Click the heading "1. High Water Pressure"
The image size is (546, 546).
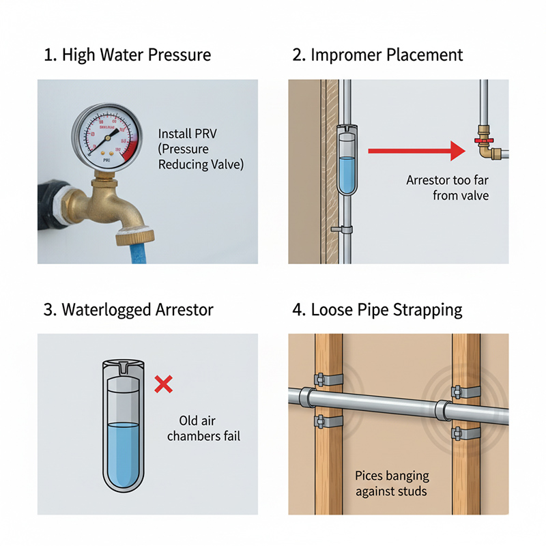[127, 55]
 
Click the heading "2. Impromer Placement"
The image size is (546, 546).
[377, 55]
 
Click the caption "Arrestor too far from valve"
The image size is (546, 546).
[448, 188]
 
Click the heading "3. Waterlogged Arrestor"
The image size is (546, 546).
[128, 309]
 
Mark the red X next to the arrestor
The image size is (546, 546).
[163, 384]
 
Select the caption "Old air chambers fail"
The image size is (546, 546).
[203, 428]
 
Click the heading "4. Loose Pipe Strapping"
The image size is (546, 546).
[377, 309]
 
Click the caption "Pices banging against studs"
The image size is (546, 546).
[391, 483]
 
